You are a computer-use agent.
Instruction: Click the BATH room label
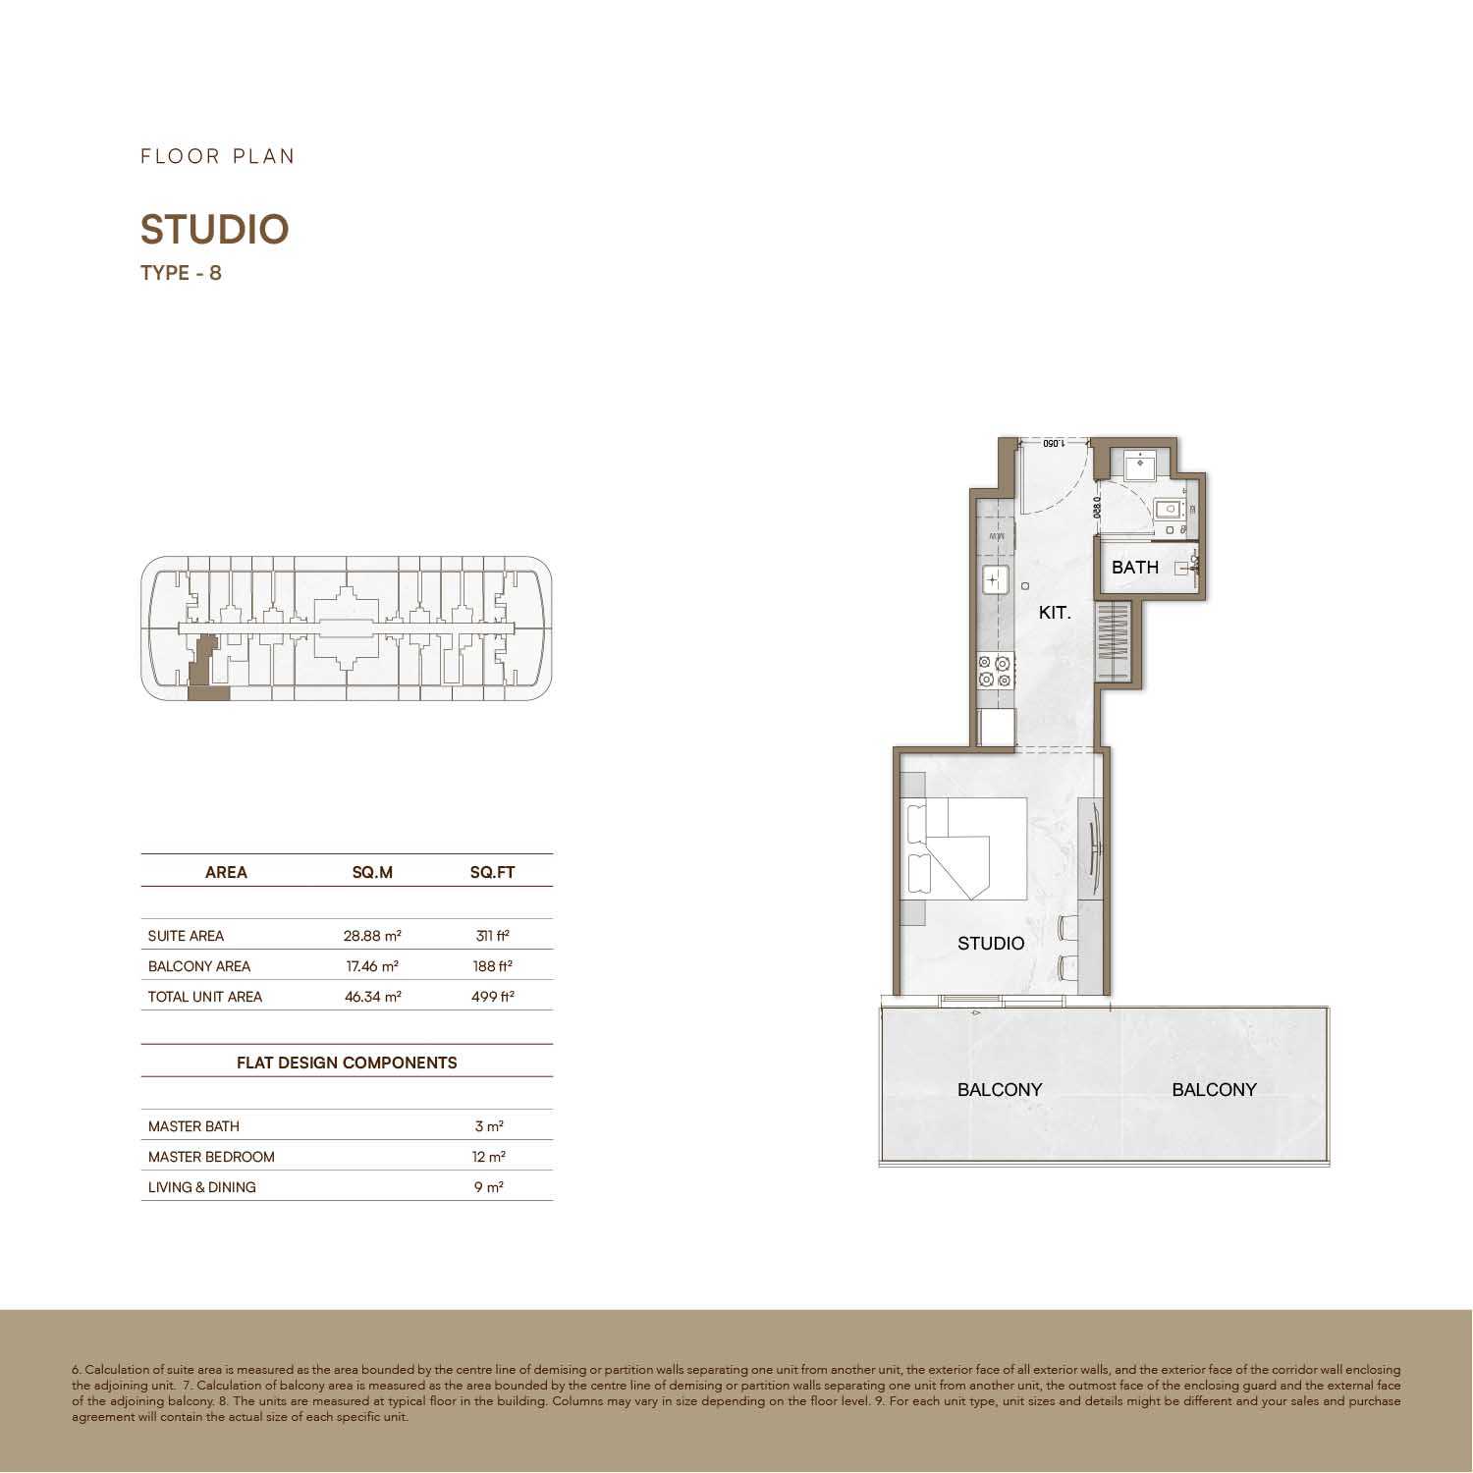pos(1134,568)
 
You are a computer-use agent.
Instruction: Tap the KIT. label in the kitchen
pos(1055,613)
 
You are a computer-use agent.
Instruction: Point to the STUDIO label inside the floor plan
pos(991,944)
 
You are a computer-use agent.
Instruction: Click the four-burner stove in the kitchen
pos(995,672)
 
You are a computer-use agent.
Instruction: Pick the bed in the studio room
pos(964,849)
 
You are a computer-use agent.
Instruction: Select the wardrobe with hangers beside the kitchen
pos(1114,642)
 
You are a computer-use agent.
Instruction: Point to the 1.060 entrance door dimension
pos(1053,443)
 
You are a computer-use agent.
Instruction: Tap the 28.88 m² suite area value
pos(372,936)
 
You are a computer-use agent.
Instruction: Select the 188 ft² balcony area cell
pos(492,966)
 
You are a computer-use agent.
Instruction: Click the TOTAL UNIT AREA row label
pos(205,997)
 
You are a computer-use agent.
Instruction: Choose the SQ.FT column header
pos(492,872)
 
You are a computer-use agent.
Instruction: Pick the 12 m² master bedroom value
pos(489,1157)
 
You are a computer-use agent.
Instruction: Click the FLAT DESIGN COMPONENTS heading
pos(347,1063)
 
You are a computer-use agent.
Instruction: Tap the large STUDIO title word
pos(215,230)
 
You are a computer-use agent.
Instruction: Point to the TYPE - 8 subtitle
pos(181,273)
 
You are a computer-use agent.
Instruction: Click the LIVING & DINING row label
pos(202,1187)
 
